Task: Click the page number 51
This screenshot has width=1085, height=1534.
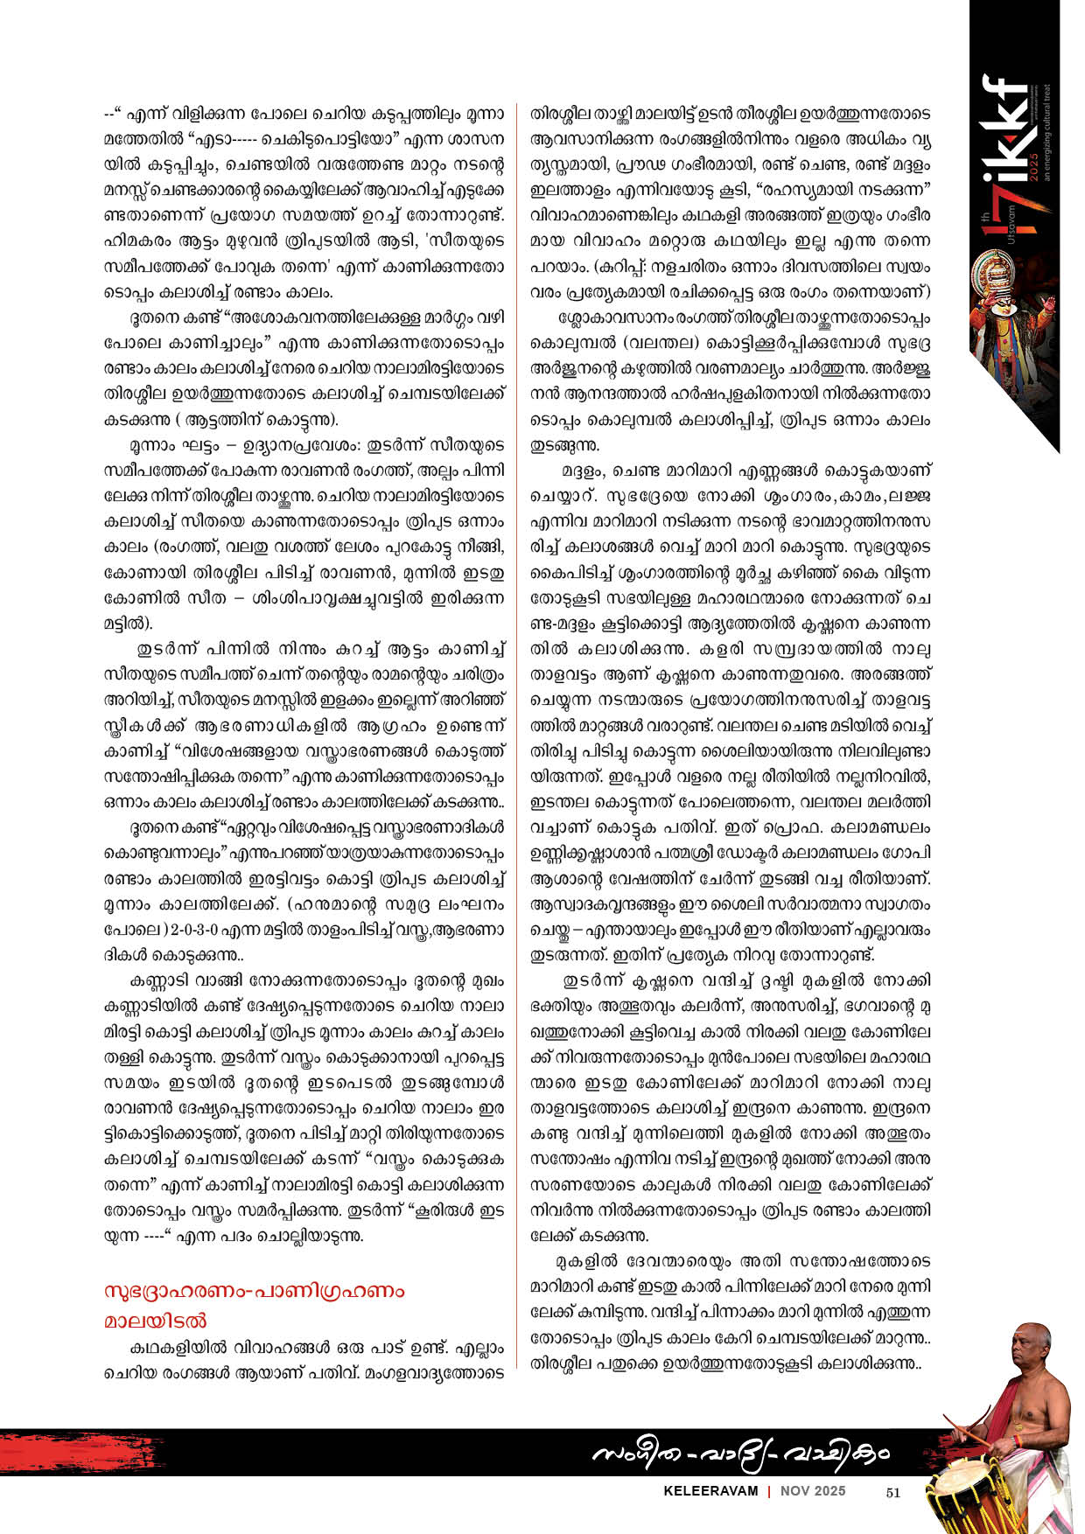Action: click(x=892, y=1493)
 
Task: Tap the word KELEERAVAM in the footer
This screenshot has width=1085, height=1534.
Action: click(x=710, y=1491)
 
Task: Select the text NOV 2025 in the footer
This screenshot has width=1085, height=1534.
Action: click(x=814, y=1491)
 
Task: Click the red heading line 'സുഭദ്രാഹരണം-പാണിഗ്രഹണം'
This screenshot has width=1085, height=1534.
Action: click(x=255, y=1291)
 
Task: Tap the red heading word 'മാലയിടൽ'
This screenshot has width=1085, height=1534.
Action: click(x=156, y=1320)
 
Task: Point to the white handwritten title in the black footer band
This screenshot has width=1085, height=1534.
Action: click(x=740, y=1453)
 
